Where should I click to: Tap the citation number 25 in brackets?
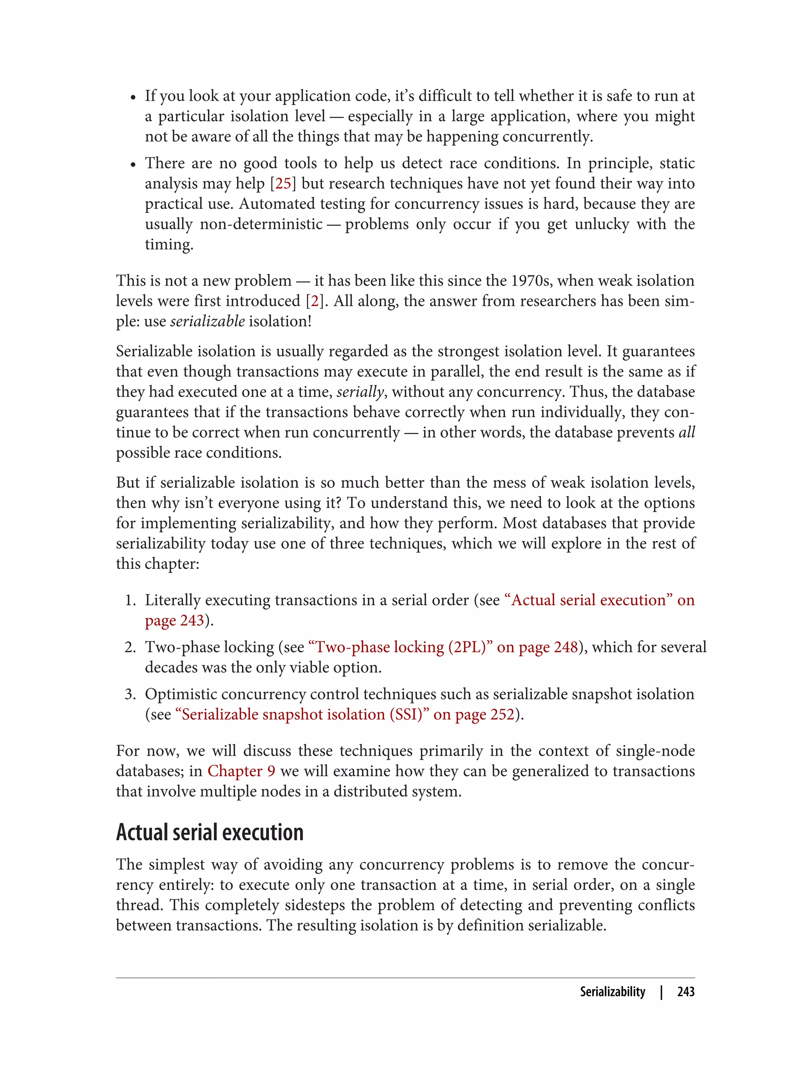pos(284,183)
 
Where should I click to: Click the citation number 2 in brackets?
pos(315,301)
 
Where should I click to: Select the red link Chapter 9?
pos(242,771)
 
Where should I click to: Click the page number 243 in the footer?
pos(685,992)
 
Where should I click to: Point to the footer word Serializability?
pos(612,992)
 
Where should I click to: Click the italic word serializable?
pos(208,321)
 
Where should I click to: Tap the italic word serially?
pos(360,392)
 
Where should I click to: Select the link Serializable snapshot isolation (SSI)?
pos(303,714)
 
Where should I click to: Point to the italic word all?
pos(686,432)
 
